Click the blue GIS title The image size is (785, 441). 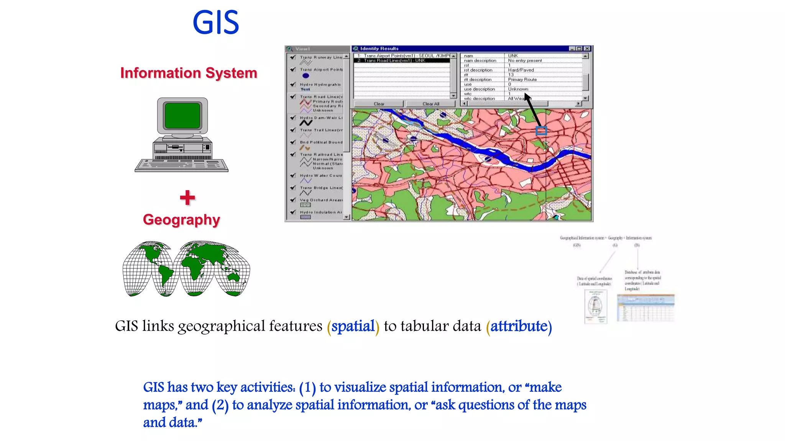pyautogui.click(x=216, y=23)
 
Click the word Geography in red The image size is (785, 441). pyautogui.click(x=181, y=220)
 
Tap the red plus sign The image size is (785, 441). pyautogui.click(x=187, y=198)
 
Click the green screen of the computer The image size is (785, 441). pyautogui.click(x=182, y=115)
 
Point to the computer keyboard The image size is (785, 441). pyautogui.click(x=181, y=165)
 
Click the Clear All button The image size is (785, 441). pyautogui.click(x=430, y=104)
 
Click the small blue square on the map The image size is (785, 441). pyautogui.click(x=541, y=131)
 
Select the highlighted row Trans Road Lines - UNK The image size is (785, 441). pyautogui.click(x=401, y=60)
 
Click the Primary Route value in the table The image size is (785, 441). pyautogui.click(x=522, y=80)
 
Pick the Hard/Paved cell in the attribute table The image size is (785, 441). pyautogui.click(x=521, y=70)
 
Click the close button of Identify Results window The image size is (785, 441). pyautogui.click(x=587, y=49)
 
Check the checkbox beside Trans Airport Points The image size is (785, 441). pyautogui.click(x=293, y=69)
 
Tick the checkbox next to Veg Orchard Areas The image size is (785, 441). pyautogui.click(x=293, y=200)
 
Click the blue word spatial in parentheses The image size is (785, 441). pyautogui.click(x=353, y=326)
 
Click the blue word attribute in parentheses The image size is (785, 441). pyautogui.click(x=519, y=326)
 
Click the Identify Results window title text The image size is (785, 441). pyautogui.click(x=379, y=49)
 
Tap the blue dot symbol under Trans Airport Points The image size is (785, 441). pyautogui.click(x=305, y=75)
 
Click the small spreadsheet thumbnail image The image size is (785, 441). pyautogui.click(x=645, y=308)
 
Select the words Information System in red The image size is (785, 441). pyautogui.click(x=189, y=73)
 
